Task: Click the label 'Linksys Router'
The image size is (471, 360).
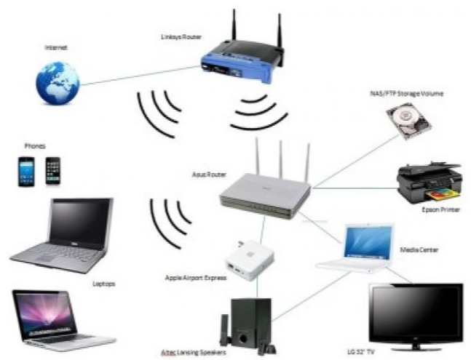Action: (x=181, y=36)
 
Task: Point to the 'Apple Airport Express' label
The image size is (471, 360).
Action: (x=196, y=278)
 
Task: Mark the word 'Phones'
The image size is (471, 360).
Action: (x=36, y=145)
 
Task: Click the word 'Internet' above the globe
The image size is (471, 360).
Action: (x=56, y=49)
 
